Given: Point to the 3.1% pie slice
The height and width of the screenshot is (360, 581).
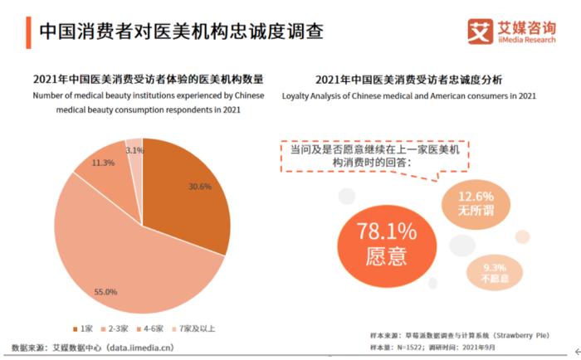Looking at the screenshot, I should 134,149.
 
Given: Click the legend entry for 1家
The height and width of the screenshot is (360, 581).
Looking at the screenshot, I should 86,328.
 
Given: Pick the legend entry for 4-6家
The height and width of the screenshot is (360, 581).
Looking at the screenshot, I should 155,328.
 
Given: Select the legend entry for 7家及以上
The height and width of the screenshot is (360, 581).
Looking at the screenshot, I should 196,328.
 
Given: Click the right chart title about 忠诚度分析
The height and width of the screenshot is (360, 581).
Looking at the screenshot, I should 408,80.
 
